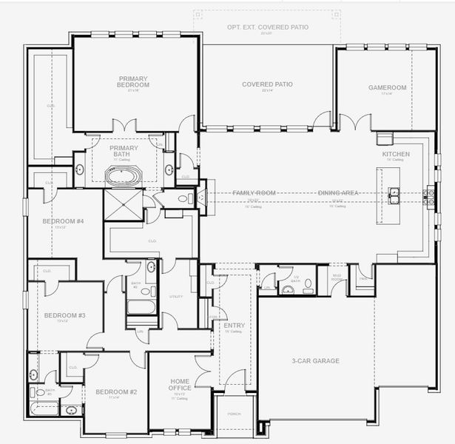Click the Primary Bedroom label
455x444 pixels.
(134, 81)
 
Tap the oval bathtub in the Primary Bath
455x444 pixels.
(124, 175)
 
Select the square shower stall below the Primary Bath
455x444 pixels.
(123, 205)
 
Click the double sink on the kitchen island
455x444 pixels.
(395, 195)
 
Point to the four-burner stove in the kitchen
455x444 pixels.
(429, 195)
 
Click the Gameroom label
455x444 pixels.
(388, 87)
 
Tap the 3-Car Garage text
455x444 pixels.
(315, 360)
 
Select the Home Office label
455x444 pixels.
(180, 385)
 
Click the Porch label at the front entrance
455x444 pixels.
(234, 414)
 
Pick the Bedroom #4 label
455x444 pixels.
(63, 221)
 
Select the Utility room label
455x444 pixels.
(175, 296)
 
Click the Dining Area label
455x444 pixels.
(338, 193)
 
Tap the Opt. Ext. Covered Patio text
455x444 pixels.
(267, 27)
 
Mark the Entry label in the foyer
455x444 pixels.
(234, 326)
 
